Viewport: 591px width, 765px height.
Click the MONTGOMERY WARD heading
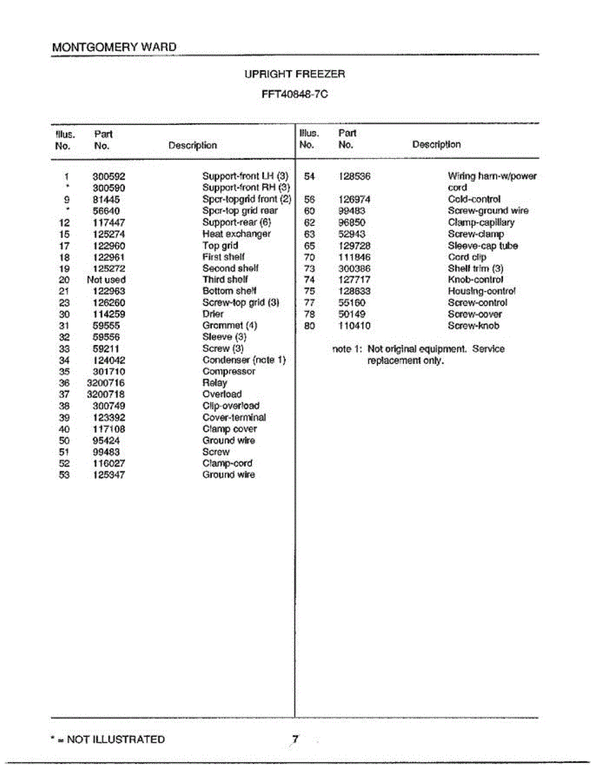[x=114, y=47]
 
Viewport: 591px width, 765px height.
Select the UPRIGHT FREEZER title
[x=295, y=74]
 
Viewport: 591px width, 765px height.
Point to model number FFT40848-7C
[x=295, y=94]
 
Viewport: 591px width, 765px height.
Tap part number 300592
[x=109, y=176]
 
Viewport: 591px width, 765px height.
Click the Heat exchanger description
[x=237, y=234]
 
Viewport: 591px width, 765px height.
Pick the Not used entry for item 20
[x=106, y=280]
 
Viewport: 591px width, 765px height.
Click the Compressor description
[x=229, y=372]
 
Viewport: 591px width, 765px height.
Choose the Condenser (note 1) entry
[x=244, y=360]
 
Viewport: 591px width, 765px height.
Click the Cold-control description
[x=474, y=200]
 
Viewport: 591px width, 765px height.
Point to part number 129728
[x=354, y=246]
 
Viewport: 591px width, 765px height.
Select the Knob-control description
[x=476, y=280]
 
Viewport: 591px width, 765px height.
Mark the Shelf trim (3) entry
[x=476, y=268]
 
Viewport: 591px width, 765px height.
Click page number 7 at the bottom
[x=295, y=739]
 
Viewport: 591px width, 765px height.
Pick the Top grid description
[x=220, y=245]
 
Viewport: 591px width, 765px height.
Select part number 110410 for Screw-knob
[x=354, y=326]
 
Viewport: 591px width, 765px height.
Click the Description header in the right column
[x=436, y=145]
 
